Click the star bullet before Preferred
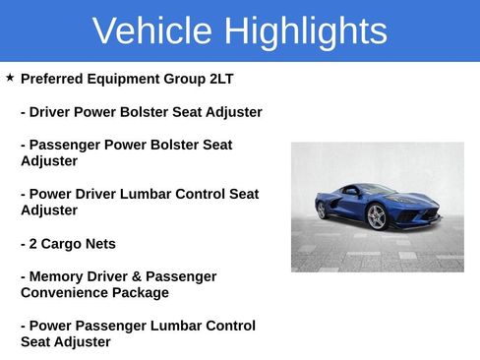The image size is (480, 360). click(10, 77)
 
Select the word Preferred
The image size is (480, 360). click(52, 79)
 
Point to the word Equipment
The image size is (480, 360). click(126, 79)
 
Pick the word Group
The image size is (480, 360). click(187, 79)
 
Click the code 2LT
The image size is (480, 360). click(222, 79)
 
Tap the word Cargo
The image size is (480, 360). click(66, 243)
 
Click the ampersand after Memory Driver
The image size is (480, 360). click(147, 276)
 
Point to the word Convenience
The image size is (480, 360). click(62, 292)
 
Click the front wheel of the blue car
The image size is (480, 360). click(376, 217)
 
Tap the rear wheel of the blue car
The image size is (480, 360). click(321, 210)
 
